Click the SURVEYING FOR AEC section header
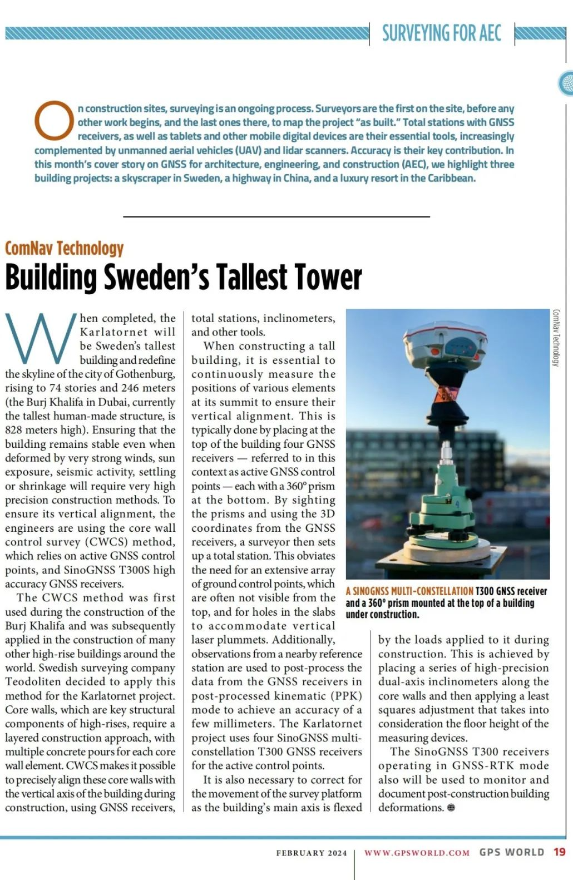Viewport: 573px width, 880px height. coord(441,33)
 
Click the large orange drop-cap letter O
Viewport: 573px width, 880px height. coord(54,120)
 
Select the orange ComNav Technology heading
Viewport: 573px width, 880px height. coord(65,248)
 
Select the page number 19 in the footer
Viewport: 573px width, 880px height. coord(559,852)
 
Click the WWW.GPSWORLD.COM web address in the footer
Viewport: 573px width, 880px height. coord(417,853)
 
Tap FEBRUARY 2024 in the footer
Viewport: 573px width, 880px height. coord(312,853)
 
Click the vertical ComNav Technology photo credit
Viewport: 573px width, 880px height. coord(556,338)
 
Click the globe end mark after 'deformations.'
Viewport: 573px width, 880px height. coord(451,808)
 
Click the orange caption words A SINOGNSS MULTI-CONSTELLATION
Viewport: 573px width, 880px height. coord(409,591)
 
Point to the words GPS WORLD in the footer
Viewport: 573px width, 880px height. coord(512,852)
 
